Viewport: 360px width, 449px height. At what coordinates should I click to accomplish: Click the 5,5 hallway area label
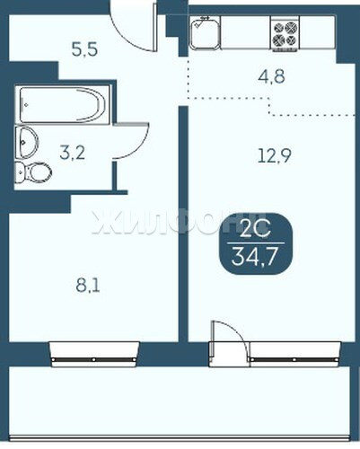pyautogui.click(x=84, y=49)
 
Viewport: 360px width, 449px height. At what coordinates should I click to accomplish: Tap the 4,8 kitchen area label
pyautogui.click(x=271, y=76)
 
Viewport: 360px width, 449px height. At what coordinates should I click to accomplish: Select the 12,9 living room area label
pyautogui.click(x=275, y=155)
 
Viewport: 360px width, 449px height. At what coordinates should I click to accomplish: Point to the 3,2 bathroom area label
pyautogui.click(x=73, y=153)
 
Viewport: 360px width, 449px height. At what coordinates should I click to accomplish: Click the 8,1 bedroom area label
pyautogui.click(x=88, y=286)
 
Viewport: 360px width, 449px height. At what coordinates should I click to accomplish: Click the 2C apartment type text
pyautogui.click(x=256, y=228)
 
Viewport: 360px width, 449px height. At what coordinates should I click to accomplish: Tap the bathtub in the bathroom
pyautogui.click(x=63, y=104)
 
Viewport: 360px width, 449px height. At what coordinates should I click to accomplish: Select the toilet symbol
pyautogui.click(x=33, y=172)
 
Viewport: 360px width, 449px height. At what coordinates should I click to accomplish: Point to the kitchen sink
pyautogui.click(x=205, y=32)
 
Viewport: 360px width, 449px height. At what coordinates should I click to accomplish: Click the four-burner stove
pyautogui.click(x=285, y=34)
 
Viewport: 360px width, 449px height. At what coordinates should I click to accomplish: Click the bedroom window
pyautogui.click(x=94, y=354)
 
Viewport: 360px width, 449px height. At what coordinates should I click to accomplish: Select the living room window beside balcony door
pyautogui.click(x=294, y=354)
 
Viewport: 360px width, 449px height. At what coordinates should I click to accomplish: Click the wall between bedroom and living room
pyautogui.click(x=183, y=224)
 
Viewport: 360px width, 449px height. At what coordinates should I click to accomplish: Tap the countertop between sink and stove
pyautogui.click(x=246, y=32)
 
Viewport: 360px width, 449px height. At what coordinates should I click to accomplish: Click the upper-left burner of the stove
pyautogui.click(x=278, y=28)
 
